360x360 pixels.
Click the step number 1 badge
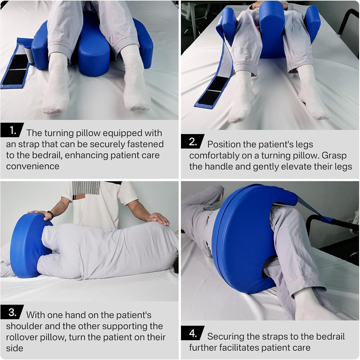12,130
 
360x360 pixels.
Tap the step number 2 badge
193,141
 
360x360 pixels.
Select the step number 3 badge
12,312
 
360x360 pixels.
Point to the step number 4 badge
193,333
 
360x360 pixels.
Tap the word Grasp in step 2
334,156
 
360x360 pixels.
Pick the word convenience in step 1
32,166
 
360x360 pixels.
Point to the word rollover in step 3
21,337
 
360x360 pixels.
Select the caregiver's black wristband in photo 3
50,215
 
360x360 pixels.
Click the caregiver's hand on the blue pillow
40,214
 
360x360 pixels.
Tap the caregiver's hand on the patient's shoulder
158,219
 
